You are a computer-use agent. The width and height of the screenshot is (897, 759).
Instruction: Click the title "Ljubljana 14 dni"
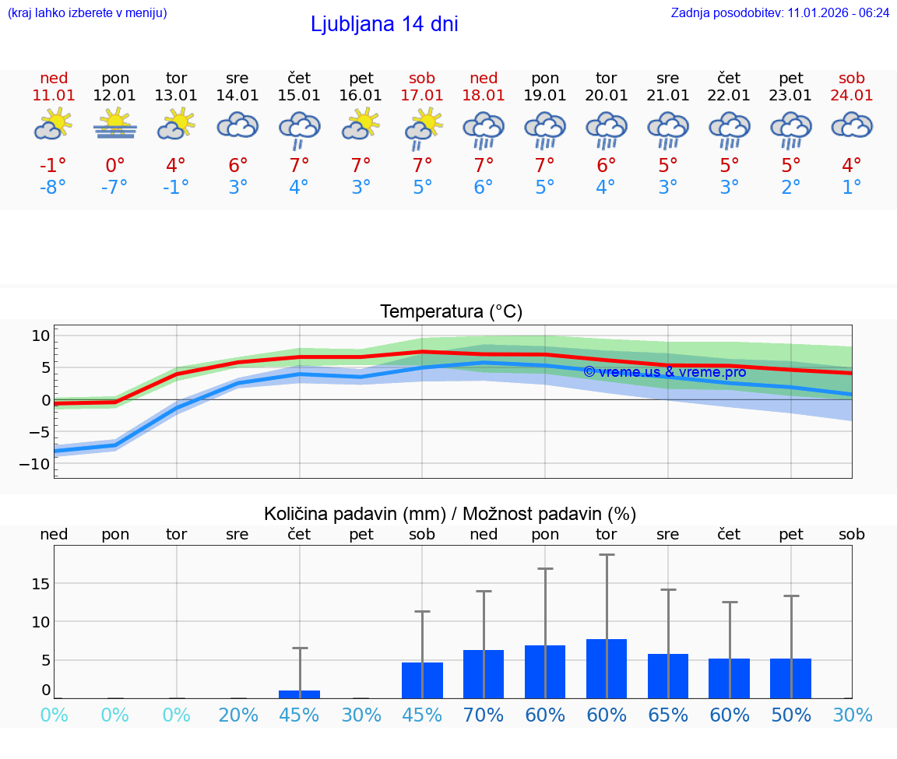click(384, 24)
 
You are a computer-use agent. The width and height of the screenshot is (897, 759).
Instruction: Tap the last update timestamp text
click(779, 12)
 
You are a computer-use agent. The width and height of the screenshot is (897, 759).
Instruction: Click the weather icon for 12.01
click(115, 125)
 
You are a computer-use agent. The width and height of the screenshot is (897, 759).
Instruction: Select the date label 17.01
click(422, 95)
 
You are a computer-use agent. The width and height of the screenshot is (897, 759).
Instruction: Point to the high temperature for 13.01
click(176, 166)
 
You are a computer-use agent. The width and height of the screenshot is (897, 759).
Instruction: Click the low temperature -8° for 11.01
click(54, 188)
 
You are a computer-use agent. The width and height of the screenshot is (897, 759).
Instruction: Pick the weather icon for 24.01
click(852, 125)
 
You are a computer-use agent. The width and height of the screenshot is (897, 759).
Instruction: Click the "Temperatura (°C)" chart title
click(451, 312)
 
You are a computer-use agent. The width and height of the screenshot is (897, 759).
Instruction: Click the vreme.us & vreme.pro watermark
click(664, 372)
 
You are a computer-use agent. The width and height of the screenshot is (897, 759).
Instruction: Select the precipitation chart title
click(450, 514)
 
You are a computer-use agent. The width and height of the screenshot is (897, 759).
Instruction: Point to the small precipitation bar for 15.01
click(299, 694)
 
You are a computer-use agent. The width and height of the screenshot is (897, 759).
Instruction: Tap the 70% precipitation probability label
click(484, 715)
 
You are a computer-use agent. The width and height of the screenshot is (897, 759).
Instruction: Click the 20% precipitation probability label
click(237, 715)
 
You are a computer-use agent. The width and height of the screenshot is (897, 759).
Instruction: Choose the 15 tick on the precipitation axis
click(41, 584)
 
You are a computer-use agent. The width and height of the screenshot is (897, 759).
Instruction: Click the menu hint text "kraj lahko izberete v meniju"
click(87, 12)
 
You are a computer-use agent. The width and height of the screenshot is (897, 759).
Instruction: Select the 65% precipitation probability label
click(668, 715)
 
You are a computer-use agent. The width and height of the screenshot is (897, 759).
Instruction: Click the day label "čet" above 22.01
click(729, 78)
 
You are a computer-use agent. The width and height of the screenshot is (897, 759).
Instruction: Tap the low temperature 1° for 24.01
click(852, 188)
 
